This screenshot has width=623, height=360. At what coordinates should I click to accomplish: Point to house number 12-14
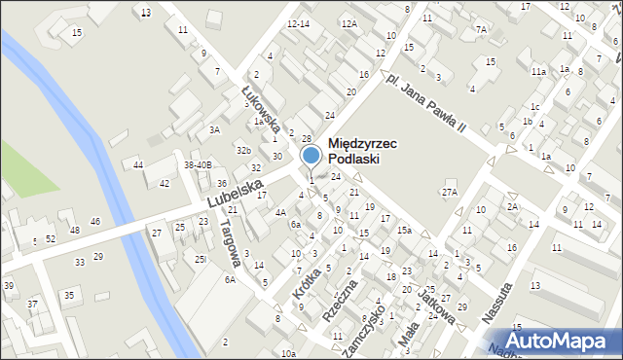pos(298,23)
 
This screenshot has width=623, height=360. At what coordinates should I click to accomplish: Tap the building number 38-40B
pos(198,165)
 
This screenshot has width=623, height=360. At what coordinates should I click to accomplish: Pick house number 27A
pos(449,193)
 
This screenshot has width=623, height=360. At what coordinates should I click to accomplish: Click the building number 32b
pos(243,150)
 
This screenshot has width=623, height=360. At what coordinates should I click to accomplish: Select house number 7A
pos(481,29)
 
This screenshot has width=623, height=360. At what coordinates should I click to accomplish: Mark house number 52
pos(50,238)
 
